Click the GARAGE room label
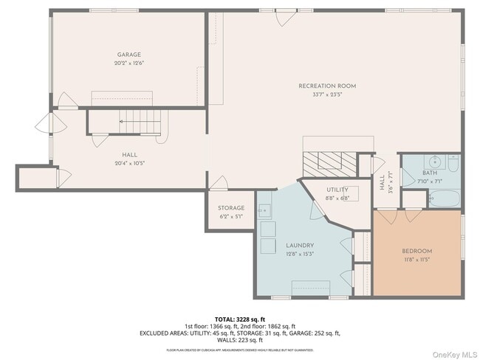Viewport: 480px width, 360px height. pos(128,55)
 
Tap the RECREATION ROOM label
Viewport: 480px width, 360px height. pos(327,86)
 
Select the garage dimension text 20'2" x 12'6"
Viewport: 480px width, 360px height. pos(128,63)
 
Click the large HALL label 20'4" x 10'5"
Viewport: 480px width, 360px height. pos(130,154)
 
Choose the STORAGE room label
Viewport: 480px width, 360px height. pos(230,208)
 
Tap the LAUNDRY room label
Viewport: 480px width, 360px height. pos(301,245)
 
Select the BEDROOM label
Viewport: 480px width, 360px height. pos(416,252)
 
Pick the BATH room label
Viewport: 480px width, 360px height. pos(430,172)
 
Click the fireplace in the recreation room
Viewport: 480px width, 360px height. pos(330,161)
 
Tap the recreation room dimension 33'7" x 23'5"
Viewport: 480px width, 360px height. pos(327,94)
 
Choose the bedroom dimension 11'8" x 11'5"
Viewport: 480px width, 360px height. pos(416,260)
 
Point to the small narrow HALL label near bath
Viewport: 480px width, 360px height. pos(382,181)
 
